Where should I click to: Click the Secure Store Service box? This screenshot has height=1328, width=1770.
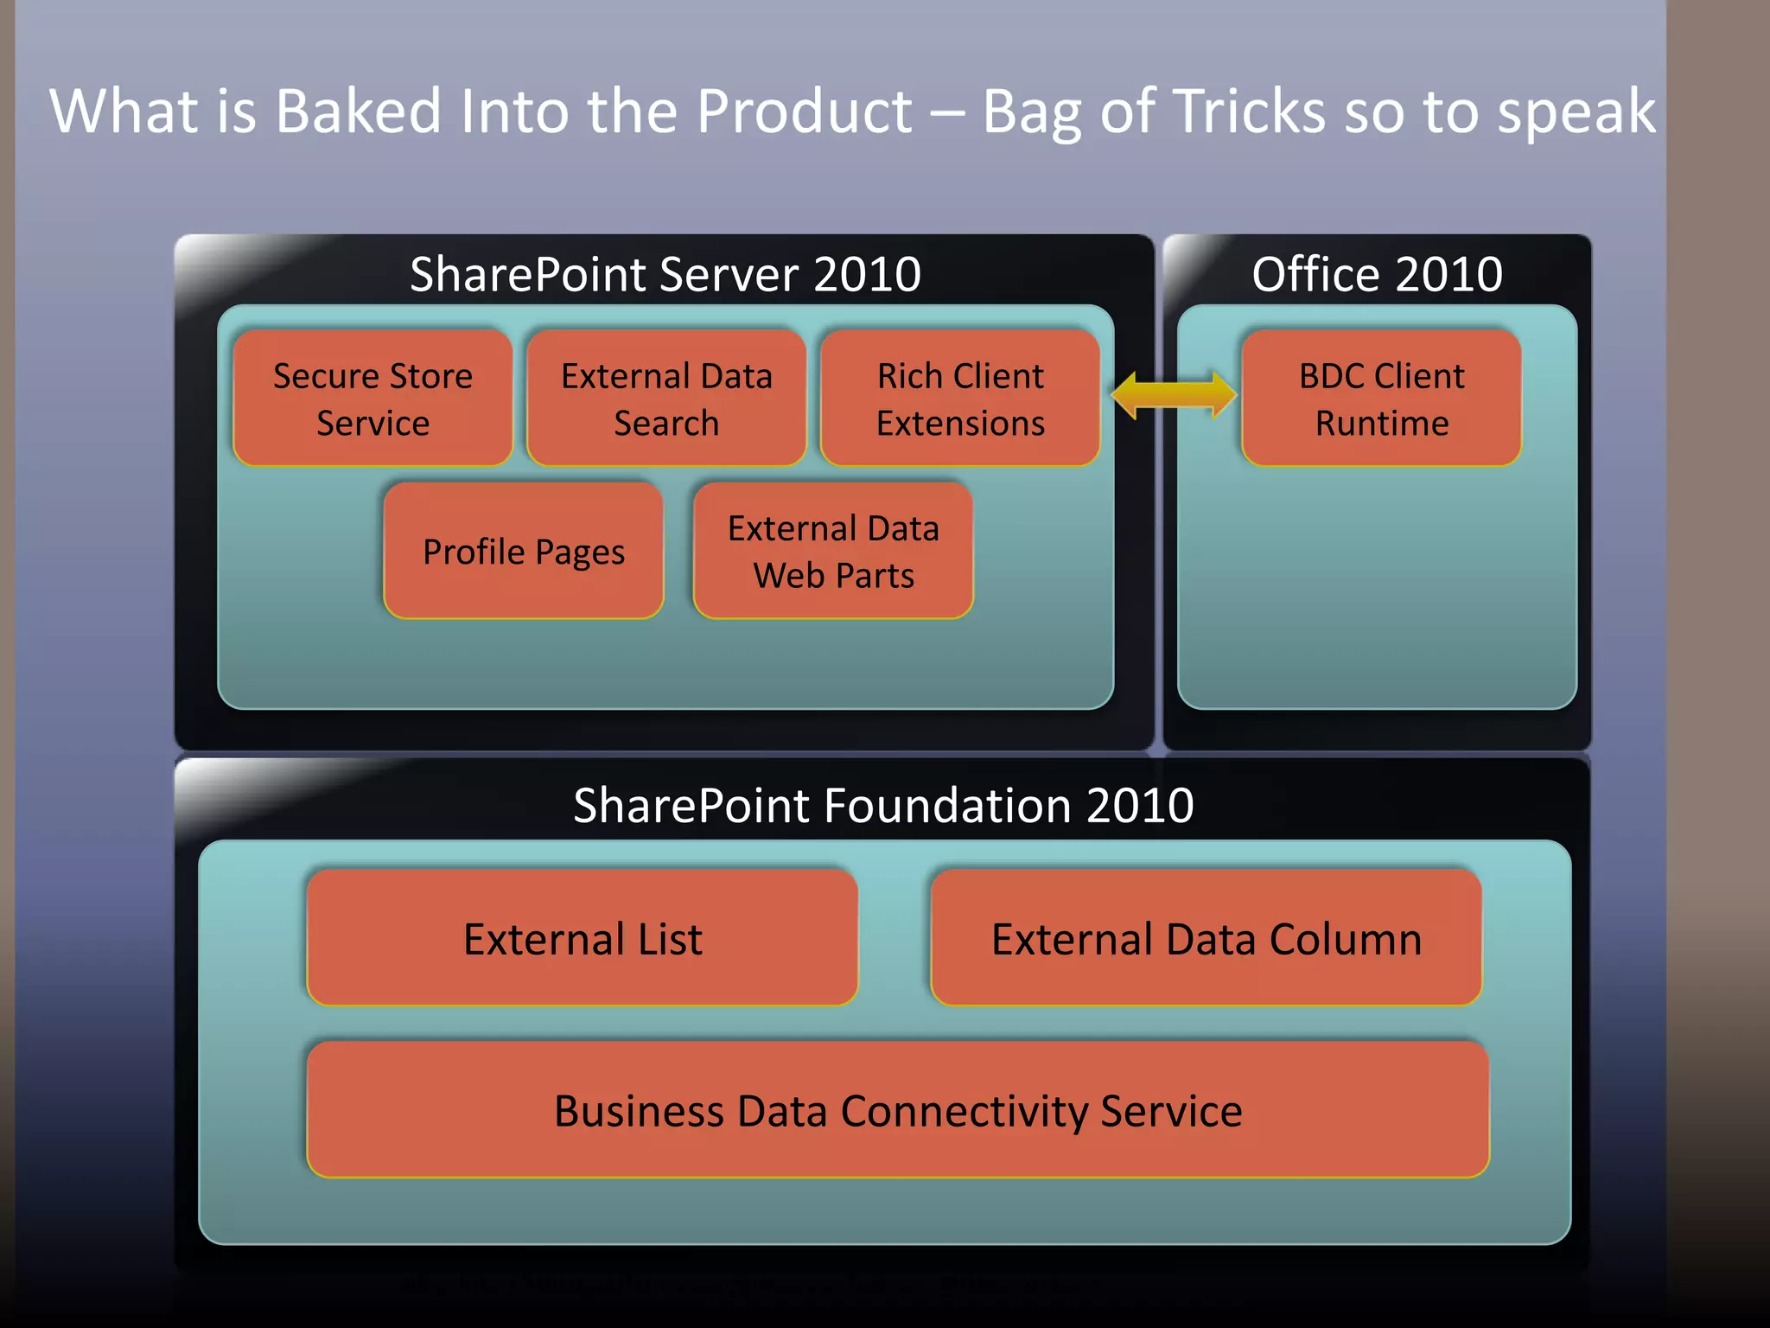372,399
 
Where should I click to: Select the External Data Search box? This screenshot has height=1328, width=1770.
666,399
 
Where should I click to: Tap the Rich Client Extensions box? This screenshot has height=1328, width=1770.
960,399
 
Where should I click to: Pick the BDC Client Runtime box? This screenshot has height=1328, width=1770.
1381,399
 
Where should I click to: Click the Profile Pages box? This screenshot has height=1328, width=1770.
524,551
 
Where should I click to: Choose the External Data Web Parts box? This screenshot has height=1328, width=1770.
833,551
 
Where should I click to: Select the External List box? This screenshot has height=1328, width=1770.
583,938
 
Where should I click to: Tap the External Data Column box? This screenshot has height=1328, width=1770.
1207,938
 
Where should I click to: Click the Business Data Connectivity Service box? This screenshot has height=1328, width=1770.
898,1110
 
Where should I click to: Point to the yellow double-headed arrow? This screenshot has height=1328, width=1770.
1174,395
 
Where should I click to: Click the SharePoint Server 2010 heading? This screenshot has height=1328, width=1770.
665,274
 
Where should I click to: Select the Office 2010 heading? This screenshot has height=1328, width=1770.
1377,274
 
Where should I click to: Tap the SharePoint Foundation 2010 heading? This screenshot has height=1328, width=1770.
883,805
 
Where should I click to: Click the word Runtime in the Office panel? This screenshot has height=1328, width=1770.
1382,424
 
